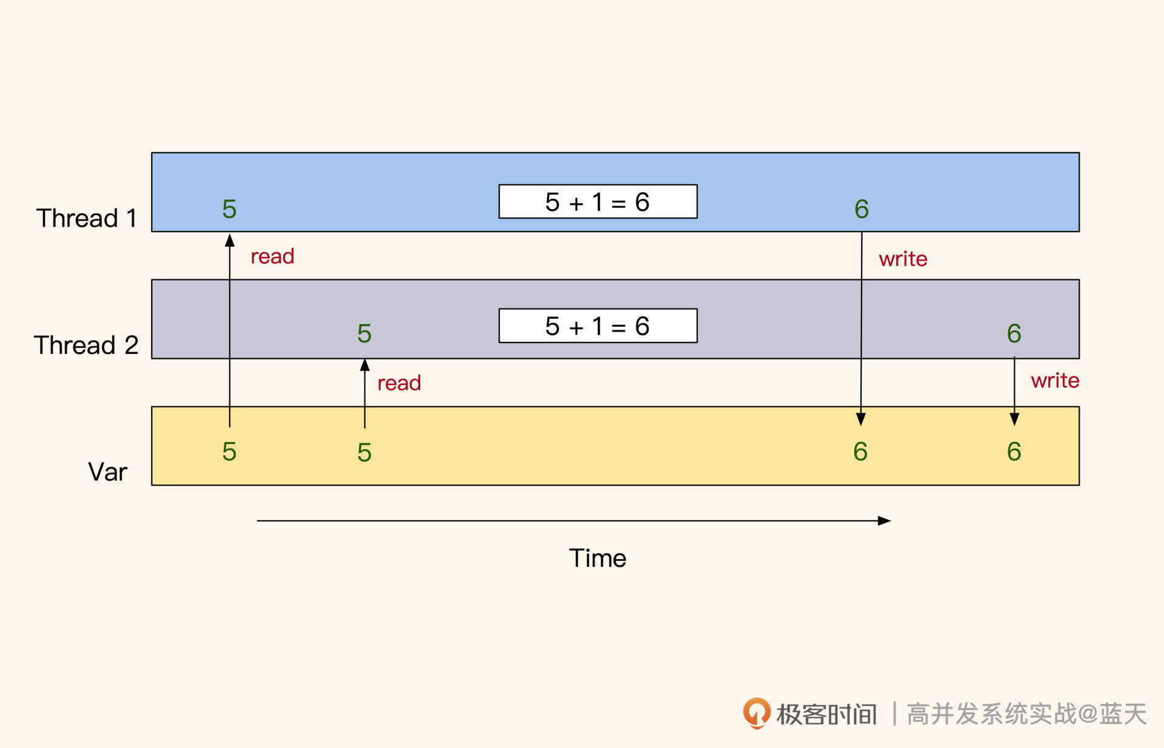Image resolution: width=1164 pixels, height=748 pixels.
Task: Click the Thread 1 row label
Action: click(x=87, y=218)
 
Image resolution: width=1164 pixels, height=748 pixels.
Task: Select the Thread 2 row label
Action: click(x=86, y=345)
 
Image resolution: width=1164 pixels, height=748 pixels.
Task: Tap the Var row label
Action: click(x=107, y=472)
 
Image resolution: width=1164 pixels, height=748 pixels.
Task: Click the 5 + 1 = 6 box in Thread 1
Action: click(x=598, y=202)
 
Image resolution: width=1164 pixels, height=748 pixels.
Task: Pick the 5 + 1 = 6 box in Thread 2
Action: click(x=598, y=326)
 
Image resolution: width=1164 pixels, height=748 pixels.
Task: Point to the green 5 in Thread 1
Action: click(x=229, y=209)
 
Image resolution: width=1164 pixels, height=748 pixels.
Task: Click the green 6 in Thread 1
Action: click(x=861, y=209)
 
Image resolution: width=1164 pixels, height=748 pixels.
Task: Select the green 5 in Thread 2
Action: click(x=364, y=333)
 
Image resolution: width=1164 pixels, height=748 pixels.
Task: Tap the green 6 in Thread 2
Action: click(x=1014, y=333)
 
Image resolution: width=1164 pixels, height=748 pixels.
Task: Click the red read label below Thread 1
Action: click(x=272, y=256)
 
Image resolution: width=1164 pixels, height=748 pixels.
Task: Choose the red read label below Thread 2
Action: click(x=399, y=383)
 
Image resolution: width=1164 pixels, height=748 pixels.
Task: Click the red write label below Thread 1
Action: click(x=903, y=259)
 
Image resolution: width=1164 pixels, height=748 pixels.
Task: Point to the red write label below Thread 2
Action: click(x=1055, y=381)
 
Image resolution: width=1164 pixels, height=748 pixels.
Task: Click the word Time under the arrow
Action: click(x=597, y=558)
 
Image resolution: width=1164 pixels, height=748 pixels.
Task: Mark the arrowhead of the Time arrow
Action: click(x=885, y=521)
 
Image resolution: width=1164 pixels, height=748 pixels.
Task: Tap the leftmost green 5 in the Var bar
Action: click(x=229, y=452)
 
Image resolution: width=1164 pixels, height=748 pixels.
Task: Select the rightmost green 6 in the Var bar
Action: click(x=1014, y=452)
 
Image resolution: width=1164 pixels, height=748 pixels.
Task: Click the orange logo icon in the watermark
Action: click(x=757, y=713)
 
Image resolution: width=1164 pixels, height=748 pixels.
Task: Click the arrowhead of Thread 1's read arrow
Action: click(x=230, y=240)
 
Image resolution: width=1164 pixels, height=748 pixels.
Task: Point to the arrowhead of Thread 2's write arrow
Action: click(x=1014, y=419)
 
